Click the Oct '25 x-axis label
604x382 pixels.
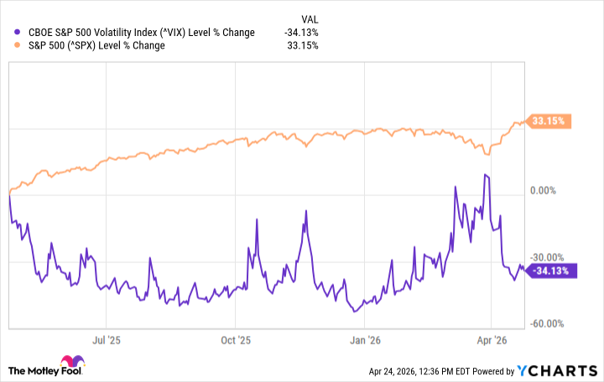coord(236,341)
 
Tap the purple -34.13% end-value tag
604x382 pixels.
coord(551,271)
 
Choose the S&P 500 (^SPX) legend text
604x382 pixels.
coord(96,45)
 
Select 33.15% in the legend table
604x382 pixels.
coord(304,45)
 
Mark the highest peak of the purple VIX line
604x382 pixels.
coord(486,174)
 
